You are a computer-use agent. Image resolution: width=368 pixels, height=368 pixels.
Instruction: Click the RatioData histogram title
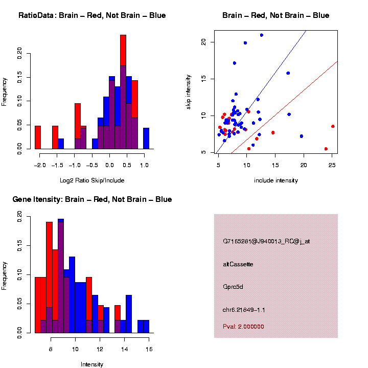pos(92,16)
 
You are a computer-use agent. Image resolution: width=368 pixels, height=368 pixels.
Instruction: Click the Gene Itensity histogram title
pos(92,199)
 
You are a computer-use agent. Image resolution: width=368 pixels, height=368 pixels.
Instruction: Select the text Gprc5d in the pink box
pos(233,287)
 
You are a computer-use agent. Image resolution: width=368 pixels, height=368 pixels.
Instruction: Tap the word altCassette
pos(238,264)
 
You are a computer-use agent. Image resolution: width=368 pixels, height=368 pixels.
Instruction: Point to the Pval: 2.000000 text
pos(244,327)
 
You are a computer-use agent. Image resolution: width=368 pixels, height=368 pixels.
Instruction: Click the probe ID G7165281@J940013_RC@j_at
pos(266,241)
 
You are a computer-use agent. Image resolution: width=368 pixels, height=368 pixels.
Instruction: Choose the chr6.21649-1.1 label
pos(244,310)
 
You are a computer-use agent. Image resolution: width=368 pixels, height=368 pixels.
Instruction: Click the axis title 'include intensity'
pos(276,180)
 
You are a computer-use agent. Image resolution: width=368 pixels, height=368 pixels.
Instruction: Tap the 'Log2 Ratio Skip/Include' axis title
pos(92,180)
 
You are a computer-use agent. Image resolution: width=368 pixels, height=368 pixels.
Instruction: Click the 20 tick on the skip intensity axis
pos(203,42)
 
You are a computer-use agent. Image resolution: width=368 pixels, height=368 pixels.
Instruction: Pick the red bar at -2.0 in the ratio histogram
pos(38,138)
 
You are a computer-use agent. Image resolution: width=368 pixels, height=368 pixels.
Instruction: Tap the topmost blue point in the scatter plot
pos(262,35)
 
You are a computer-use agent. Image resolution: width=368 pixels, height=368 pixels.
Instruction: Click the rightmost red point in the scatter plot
pos(333,126)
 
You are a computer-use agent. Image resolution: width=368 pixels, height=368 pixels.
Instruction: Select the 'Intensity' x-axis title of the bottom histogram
pos(92,364)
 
